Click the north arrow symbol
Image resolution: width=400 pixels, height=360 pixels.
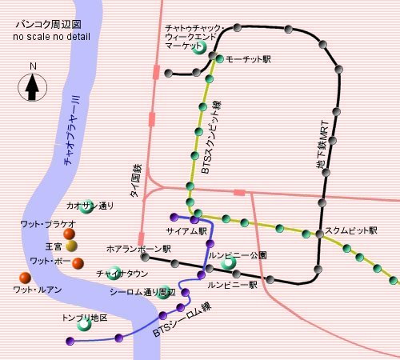[32, 84]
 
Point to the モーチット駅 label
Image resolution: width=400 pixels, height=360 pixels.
[249, 60]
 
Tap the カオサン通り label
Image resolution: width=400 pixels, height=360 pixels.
[90, 206]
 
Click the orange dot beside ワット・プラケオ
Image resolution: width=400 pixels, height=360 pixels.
[70, 234]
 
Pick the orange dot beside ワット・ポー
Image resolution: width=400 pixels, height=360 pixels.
[78, 262]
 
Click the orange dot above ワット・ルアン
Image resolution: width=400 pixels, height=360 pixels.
[26, 278]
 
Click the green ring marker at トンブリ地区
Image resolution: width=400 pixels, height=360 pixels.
[82, 324]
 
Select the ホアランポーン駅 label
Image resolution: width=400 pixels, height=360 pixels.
[138, 248]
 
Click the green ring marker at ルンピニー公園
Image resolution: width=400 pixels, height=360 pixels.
[229, 262]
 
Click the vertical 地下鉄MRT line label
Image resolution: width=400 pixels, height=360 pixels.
[323, 153]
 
